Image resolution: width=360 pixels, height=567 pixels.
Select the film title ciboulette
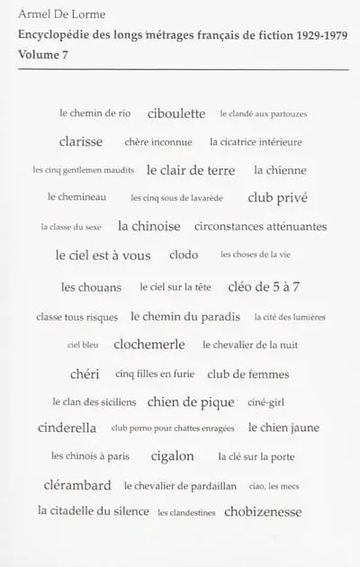point(176,113)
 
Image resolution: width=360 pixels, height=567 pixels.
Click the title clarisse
point(81,141)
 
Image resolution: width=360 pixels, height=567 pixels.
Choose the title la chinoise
point(148,226)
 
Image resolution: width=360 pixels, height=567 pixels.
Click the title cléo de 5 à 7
point(264,287)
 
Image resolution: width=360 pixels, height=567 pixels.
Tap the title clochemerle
point(149,344)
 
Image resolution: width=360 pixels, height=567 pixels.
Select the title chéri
point(85,373)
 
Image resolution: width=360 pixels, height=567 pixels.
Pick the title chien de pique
point(191,401)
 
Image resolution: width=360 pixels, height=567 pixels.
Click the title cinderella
point(67,427)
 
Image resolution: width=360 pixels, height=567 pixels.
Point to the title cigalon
point(173,455)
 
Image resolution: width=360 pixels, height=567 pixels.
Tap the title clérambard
point(77,485)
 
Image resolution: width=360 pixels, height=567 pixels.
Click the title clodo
point(184,255)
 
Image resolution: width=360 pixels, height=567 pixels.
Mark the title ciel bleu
point(83,345)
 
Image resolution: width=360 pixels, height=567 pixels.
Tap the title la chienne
point(280,170)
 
